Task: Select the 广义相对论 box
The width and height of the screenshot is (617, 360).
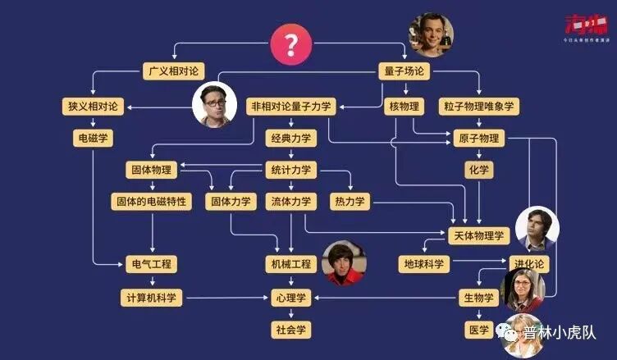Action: coord(172,71)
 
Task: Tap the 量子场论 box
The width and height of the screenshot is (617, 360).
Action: coord(404,71)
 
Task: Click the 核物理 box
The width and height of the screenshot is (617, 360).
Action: coord(404,106)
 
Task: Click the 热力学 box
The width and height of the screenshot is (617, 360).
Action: coord(350,201)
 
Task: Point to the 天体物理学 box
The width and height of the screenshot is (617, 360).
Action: coord(478,235)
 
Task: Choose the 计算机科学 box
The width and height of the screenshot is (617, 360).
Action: coord(152,296)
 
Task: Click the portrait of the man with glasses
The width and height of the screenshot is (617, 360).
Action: coord(213,107)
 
